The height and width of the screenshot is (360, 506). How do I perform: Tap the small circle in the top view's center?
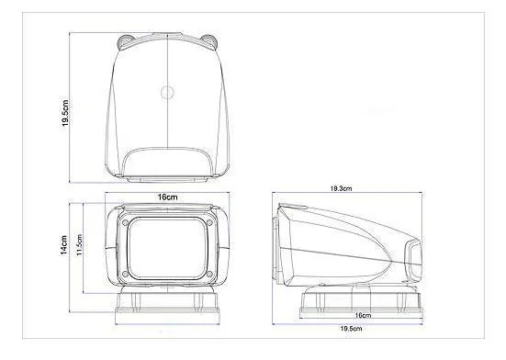coord(168,91)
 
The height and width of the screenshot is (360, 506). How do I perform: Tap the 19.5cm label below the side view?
coord(350,329)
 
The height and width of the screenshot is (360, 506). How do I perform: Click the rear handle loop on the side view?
coord(414,261)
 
